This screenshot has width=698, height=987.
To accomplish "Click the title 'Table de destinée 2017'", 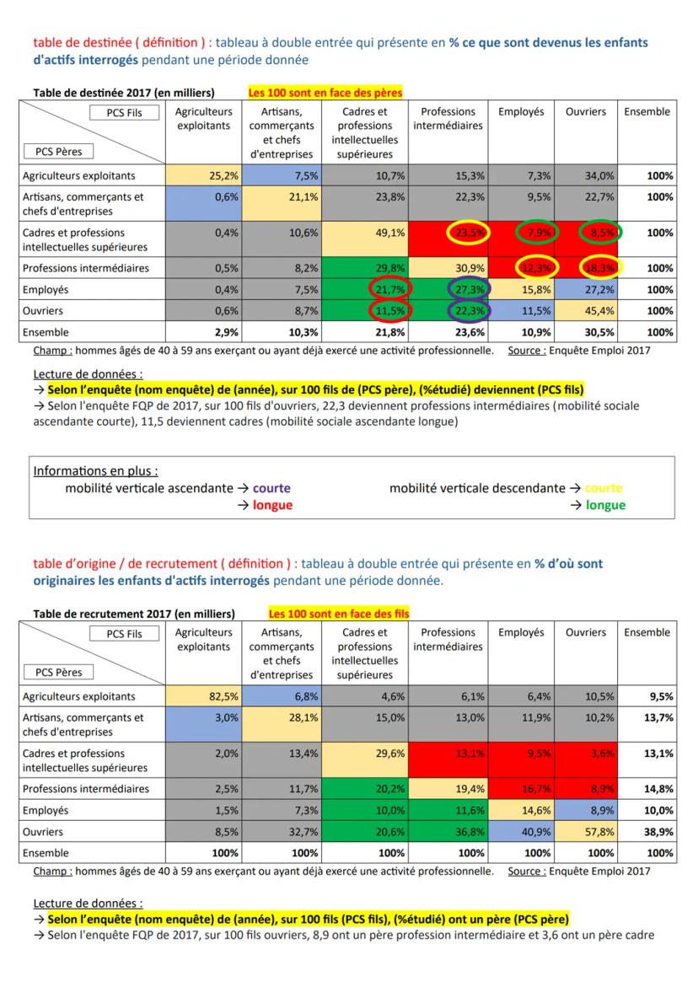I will [x=123, y=93].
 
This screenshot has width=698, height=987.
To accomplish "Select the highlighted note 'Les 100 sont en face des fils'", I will [x=338, y=614].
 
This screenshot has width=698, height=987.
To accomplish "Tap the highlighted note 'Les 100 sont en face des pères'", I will [x=325, y=92].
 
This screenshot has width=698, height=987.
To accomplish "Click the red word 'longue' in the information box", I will [x=272, y=505].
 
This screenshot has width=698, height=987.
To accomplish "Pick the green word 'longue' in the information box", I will [x=605, y=505].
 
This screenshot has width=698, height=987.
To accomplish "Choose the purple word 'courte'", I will [x=271, y=488].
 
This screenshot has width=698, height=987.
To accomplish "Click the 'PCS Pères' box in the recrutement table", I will [x=63, y=673].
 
